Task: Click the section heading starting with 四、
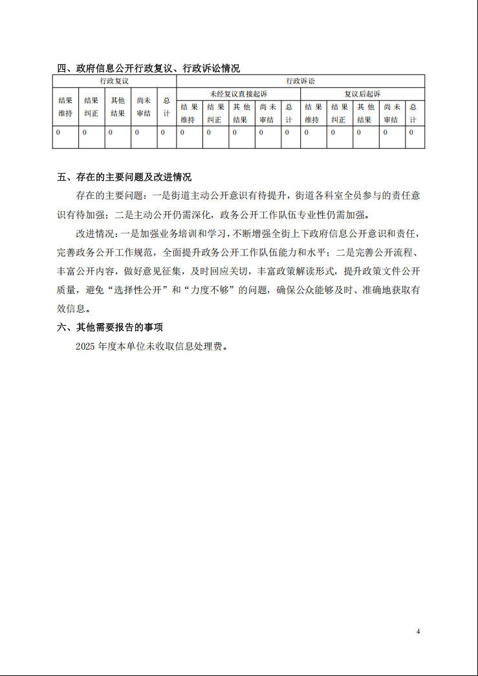[x=148, y=68]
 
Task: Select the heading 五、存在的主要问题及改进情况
[x=124, y=177]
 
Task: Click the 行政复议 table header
[x=114, y=82]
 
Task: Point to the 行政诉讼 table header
[x=300, y=82]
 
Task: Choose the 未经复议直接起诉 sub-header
[x=238, y=95]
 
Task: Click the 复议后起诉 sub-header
[x=362, y=95]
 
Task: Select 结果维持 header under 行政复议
[x=65, y=107]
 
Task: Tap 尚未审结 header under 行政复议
[x=144, y=107]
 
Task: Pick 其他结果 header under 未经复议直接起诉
[x=241, y=113]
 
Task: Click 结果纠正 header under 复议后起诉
[x=339, y=113]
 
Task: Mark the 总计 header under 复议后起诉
[x=413, y=113]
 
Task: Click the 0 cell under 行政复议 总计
[x=163, y=133]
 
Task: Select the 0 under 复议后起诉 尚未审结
[x=385, y=133]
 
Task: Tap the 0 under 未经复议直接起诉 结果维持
[x=182, y=133]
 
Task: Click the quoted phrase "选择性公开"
[x=142, y=290]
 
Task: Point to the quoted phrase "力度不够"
[x=210, y=290]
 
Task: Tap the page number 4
[x=418, y=631]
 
